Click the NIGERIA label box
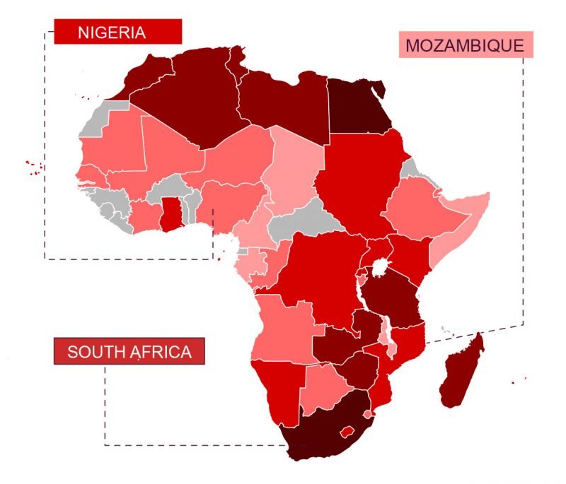click(118, 32)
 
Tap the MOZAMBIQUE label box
click(464, 46)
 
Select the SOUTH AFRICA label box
click(129, 352)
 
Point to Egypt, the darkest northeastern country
click(357, 106)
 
